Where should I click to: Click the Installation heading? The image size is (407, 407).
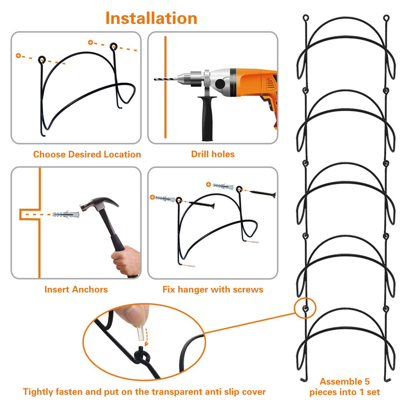(x=151, y=18)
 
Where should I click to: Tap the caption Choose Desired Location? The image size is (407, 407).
(x=87, y=154)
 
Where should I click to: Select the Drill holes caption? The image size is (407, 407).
(x=213, y=154)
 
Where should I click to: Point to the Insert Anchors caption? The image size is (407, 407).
(x=76, y=289)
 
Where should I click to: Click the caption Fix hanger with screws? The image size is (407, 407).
(x=213, y=289)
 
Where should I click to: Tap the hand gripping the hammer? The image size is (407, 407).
(x=125, y=259)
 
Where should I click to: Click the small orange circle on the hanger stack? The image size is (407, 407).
(x=305, y=308)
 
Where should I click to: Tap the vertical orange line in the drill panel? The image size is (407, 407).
(x=165, y=86)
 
